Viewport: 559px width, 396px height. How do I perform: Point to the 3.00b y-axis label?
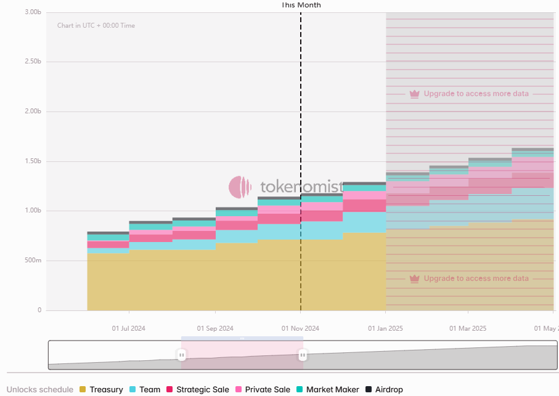(x=33, y=12)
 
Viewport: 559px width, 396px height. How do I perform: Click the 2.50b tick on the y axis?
(x=33, y=62)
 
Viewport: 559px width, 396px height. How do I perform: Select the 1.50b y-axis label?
(x=33, y=161)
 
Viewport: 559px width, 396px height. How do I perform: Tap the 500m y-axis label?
(x=33, y=261)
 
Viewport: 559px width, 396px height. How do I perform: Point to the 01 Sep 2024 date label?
(x=215, y=328)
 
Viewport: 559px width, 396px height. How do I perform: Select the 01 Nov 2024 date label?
(x=301, y=328)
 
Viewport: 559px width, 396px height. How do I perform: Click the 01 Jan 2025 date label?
(x=386, y=328)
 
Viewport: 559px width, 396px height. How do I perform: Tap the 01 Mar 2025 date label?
(x=468, y=328)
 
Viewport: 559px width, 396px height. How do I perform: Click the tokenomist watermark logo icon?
(x=240, y=187)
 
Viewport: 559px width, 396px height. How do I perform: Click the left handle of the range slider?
(x=182, y=355)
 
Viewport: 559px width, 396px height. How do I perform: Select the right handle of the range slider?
(x=303, y=355)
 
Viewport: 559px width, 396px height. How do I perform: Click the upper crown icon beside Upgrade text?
(x=415, y=94)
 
